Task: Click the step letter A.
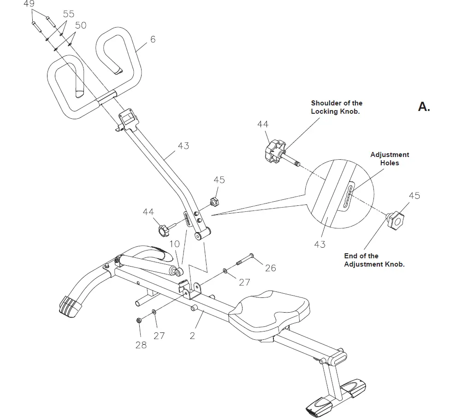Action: (423, 107)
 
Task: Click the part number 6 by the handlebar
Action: (153, 40)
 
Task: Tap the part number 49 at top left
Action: (29, 4)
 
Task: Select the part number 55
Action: (68, 14)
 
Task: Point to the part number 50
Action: (80, 25)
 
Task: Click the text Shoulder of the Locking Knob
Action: (336, 107)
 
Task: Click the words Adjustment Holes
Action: (390, 159)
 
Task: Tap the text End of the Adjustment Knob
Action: (374, 260)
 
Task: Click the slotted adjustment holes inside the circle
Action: (349, 196)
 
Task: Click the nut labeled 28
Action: (139, 321)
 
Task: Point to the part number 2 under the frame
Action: (192, 336)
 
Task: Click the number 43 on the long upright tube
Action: (183, 146)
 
